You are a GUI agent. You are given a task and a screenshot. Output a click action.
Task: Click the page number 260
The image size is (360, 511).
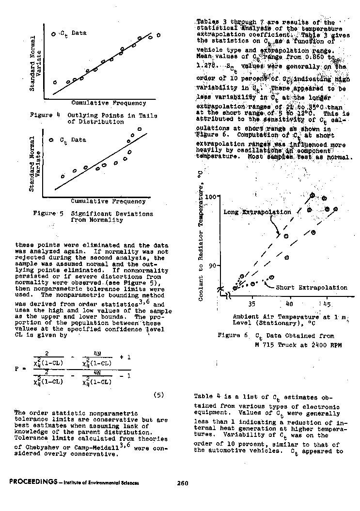pos(182,482)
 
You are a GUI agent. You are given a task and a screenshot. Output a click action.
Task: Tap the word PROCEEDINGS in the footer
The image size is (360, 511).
pos(31,482)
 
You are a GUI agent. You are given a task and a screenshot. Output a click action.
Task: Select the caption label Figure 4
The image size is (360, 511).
pos(41,115)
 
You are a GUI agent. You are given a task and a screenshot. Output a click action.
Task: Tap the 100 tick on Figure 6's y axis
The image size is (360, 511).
pos(211,197)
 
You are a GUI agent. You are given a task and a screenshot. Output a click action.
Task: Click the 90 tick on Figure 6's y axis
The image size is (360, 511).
pos(213,266)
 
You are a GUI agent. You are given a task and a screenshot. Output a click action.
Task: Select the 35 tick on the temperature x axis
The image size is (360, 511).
pos(252,304)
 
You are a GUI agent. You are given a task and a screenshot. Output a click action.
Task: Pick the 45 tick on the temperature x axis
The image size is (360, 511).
pos(327,304)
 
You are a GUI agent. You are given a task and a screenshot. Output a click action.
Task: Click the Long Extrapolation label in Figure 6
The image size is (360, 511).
pos(257,212)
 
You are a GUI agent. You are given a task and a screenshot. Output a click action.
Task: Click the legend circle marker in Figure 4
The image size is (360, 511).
pos(53,34)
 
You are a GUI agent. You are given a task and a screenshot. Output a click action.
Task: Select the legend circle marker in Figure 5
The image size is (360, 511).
pos(51,140)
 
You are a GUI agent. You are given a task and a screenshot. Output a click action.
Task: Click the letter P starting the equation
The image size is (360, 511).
pos(17,368)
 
